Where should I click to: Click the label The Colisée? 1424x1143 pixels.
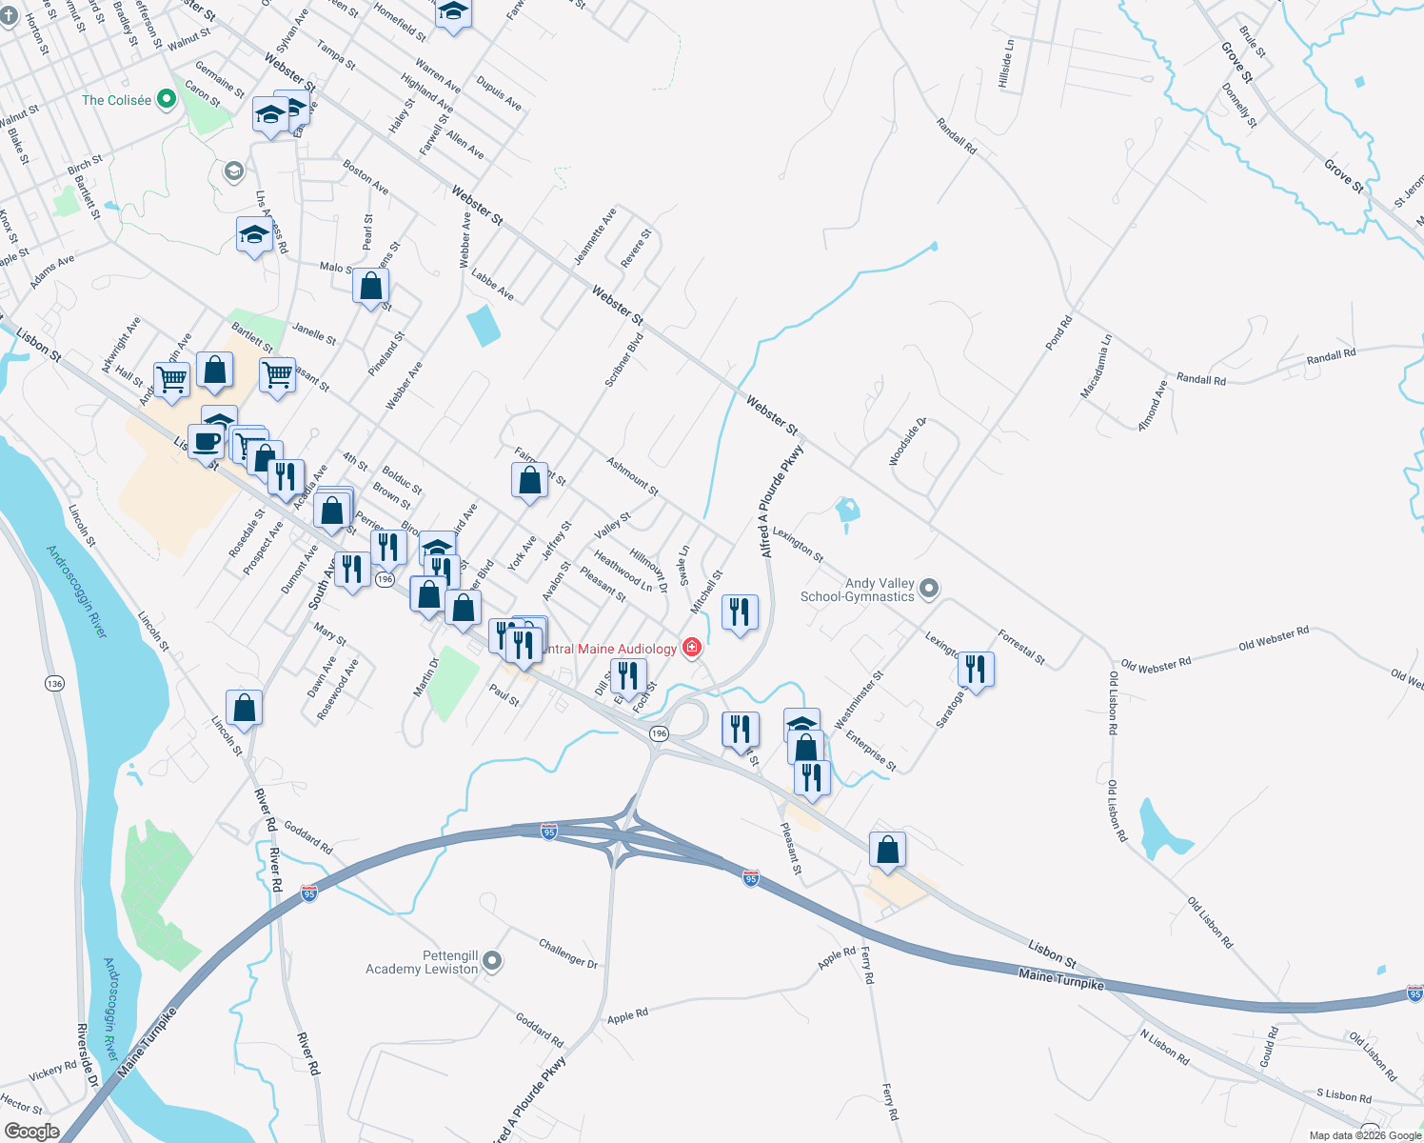point(116,100)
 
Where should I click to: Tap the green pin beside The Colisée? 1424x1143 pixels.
point(167,99)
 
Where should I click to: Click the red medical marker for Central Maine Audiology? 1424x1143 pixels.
point(692,648)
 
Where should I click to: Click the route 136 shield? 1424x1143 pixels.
point(54,684)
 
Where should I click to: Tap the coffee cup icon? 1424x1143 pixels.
point(206,442)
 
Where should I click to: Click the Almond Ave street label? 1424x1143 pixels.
point(1152,406)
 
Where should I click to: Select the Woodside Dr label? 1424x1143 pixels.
point(907,442)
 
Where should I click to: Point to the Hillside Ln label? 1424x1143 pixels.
point(1006,64)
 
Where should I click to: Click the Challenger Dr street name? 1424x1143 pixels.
point(568,953)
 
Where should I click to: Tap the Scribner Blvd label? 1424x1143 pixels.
point(624,359)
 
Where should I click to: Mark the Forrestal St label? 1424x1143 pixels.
point(1021,647)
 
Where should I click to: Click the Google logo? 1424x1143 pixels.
point(31,1132)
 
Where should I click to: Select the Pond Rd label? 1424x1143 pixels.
point(1058,332)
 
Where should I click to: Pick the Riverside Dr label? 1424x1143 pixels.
point(87,1055)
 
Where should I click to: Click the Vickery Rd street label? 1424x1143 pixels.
point(52,1072)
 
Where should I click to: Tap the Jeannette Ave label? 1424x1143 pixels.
point(595,236)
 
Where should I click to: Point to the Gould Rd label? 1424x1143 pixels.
point(1268,1046)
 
